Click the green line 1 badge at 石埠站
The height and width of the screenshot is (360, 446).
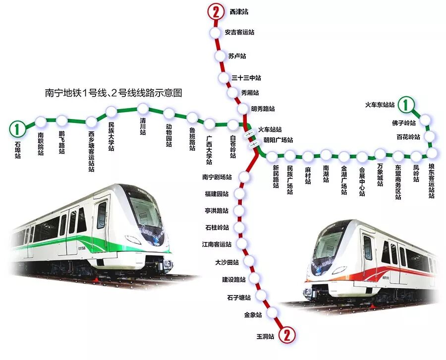[x=18, y=129]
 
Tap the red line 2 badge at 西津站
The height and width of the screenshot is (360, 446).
[x=215, y=11]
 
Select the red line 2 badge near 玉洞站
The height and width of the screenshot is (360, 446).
[x=286, y=336]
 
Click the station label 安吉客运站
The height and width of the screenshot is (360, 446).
[x=239, y=32]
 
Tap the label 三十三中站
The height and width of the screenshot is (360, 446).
[x=246, y=78]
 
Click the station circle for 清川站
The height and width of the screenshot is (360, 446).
[x=143, y=109]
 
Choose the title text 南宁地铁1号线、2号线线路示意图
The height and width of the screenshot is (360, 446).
[x=114, y=93]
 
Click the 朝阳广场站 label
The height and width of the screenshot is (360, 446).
[x=278, y=140]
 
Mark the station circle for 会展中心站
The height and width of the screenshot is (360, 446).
[x=362, y=157]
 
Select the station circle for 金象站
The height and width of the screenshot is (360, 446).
[x=272, y=312]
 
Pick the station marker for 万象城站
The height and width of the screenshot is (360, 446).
[x=380, y=153]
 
